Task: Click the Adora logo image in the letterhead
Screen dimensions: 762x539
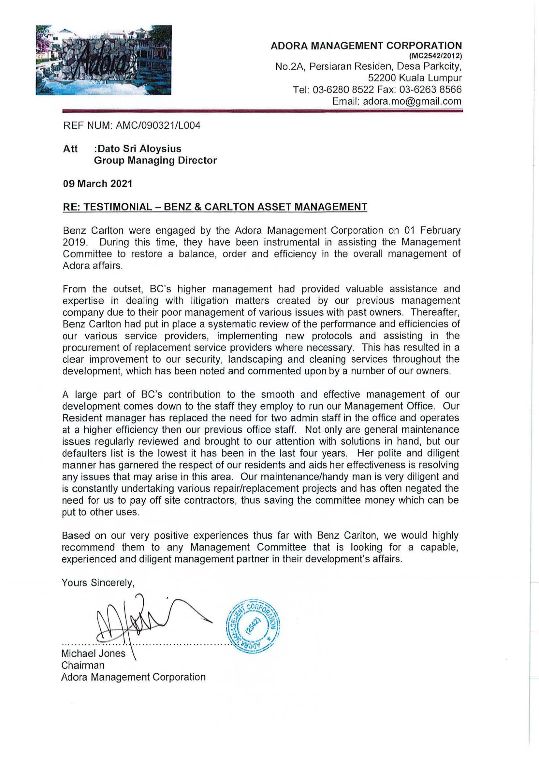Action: coord(103,60)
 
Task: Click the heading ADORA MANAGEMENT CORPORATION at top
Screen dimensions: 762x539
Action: coord(366,46)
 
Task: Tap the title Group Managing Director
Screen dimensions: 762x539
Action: coord(155,161)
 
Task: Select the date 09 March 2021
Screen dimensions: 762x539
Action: coord(97,183)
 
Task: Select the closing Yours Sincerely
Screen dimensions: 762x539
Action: coord(98,583)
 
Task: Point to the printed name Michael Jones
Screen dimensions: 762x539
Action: coord(93,654)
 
